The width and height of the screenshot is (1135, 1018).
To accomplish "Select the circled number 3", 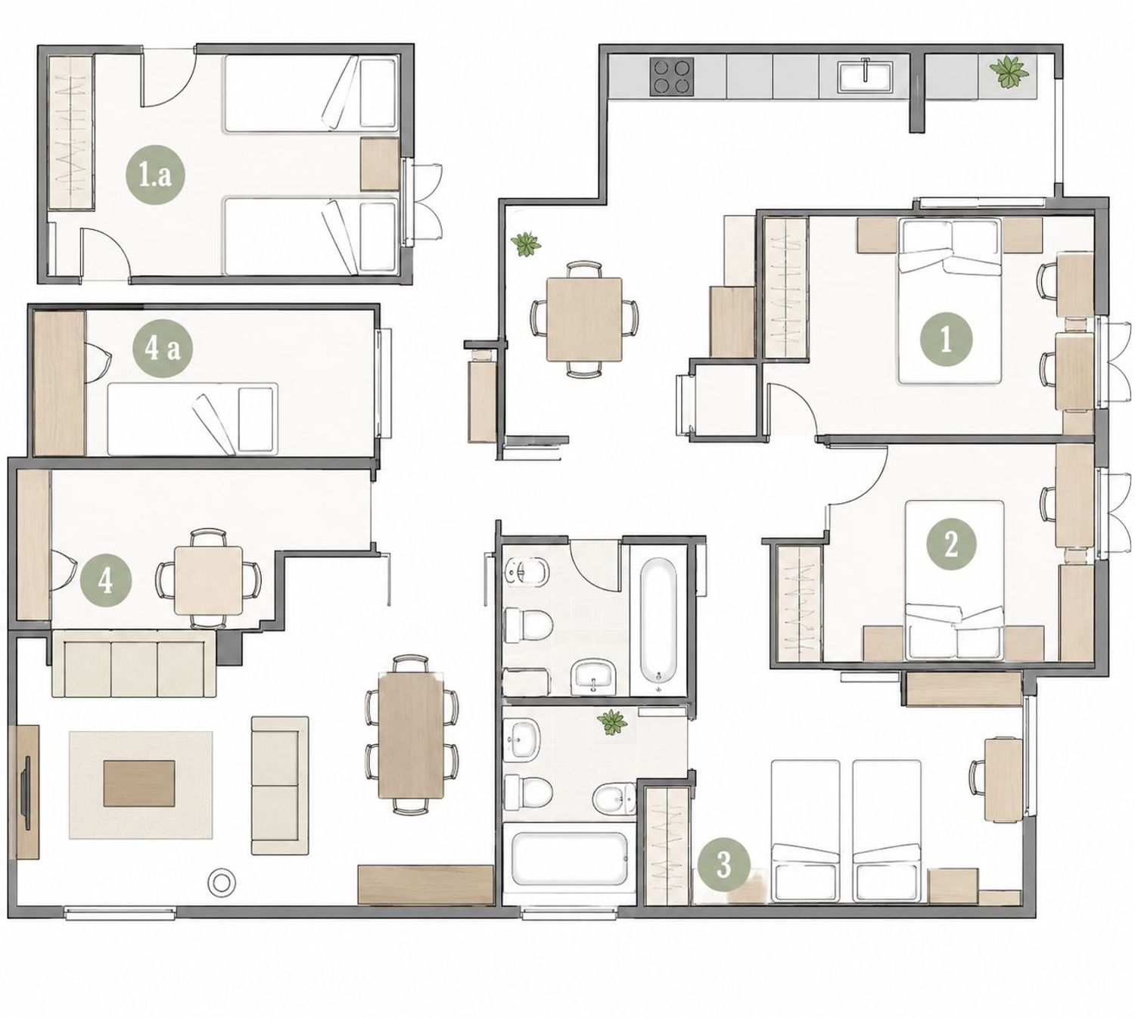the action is [724, 864].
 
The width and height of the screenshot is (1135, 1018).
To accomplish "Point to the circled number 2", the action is [950, 545].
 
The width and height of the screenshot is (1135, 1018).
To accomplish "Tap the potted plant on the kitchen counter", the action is [1009, 72].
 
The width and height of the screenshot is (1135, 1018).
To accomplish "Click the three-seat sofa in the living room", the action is [133, 663].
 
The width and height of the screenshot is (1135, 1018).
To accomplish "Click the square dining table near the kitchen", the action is [584, 320].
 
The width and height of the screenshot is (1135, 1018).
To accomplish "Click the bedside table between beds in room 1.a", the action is [379, 165].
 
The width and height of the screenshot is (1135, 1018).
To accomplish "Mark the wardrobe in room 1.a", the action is [70, 132].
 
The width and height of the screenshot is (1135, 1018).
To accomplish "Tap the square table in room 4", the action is [208, 581].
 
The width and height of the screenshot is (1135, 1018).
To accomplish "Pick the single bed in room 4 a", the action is [192, 419].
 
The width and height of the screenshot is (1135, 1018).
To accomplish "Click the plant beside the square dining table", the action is [525, 244].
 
